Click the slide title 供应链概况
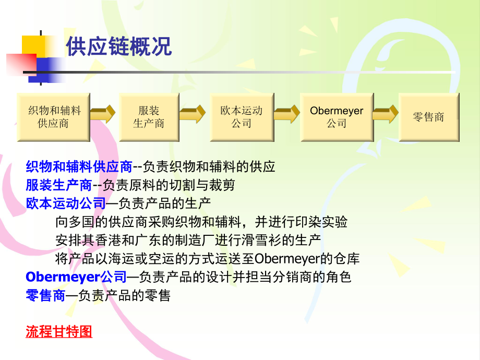118,47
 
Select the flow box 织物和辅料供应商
53,117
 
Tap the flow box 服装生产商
149,117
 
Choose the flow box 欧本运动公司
241,117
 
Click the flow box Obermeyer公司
337,117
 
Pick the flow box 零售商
429,117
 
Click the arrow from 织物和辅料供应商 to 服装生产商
103,114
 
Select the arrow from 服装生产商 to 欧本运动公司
194,114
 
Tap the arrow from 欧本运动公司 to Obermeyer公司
286,114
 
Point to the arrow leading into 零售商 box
385,114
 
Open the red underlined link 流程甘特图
59,332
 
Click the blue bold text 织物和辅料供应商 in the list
79,167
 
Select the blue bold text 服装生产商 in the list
59,185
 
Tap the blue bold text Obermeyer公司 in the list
76,277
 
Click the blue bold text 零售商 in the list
45,295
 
